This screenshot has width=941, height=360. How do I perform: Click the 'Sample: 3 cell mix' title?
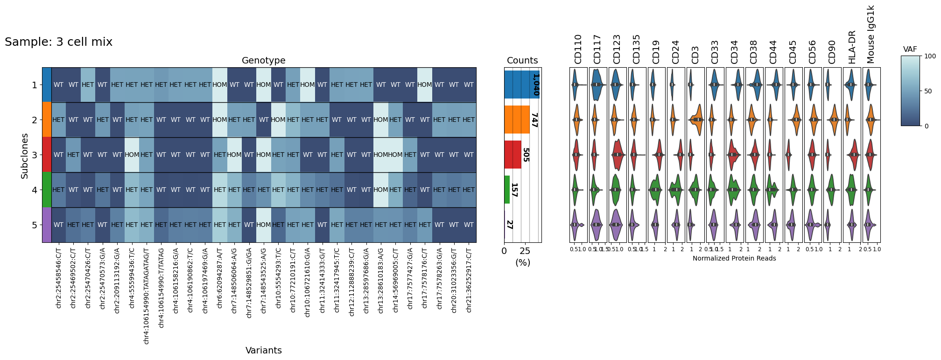58,42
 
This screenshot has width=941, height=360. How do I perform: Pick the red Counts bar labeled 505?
513,155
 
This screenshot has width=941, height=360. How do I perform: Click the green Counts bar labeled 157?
507,190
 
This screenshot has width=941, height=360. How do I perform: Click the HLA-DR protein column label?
852,47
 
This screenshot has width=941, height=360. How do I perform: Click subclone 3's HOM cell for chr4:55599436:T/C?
132,155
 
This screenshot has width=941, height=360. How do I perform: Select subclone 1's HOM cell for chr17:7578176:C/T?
424,85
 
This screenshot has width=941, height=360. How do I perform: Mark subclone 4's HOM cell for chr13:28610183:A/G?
380,190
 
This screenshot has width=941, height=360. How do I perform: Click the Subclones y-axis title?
25,156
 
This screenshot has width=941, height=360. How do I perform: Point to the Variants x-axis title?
263,350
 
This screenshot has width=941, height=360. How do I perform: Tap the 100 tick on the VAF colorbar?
930,56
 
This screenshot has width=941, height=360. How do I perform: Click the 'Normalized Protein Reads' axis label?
734,258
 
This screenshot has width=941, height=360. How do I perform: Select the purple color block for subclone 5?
46,225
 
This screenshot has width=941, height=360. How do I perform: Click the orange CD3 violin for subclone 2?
695,120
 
